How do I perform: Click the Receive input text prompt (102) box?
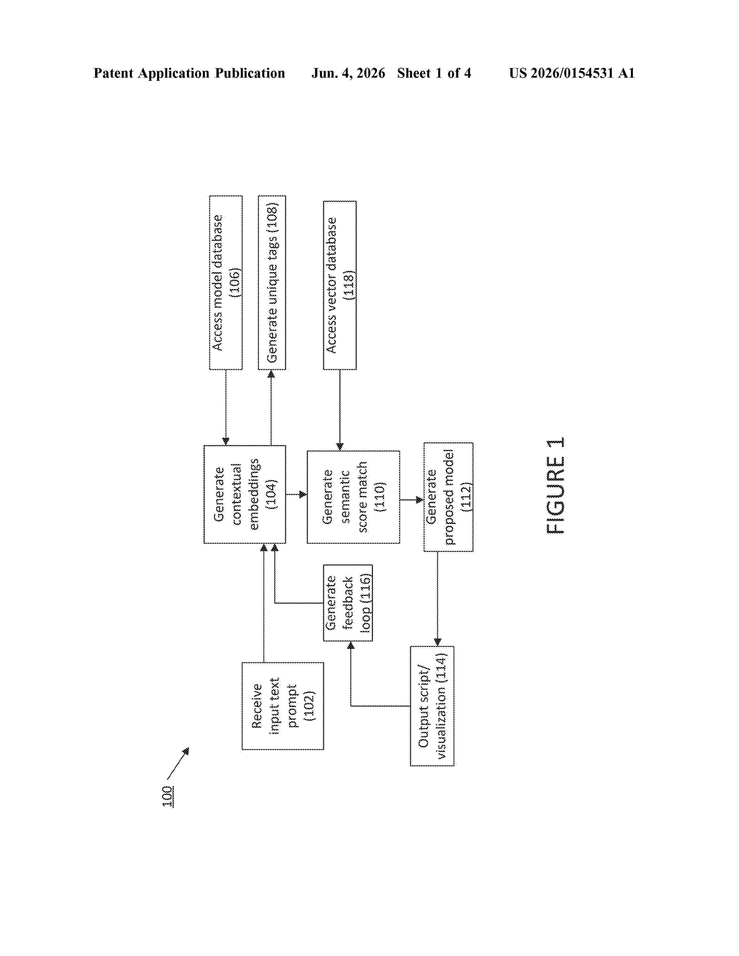[x=283, y=706]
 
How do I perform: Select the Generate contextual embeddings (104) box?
[x=245, y=494]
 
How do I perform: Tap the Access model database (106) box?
[x=226, y=282]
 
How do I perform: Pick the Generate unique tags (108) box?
[x=272, y=282]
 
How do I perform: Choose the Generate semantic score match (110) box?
[x=353, y=497]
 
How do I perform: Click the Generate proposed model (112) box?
[x=448, y=497]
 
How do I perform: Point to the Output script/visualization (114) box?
[x=432, y=706]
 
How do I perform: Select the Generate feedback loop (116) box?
[x=348, y=603]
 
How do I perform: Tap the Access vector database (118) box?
[x=340, y=285]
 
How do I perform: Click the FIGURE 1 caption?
[x=555, y=486]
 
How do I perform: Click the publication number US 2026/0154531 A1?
[x=572, y=73]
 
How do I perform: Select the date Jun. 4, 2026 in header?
[x=348, y=73]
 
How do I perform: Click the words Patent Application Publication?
[x=189, y=73]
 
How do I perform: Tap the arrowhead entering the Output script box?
[x=437, y=642]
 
